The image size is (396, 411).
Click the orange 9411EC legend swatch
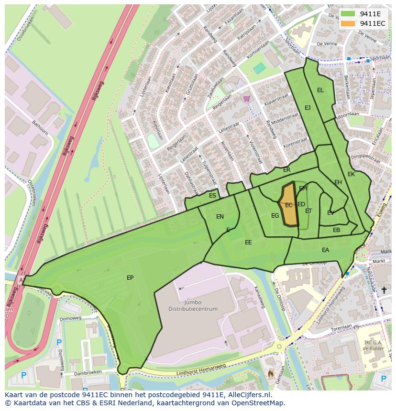click(x=349, y=23)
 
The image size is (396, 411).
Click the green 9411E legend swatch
click(x=349, y=14)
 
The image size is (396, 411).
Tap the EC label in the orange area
click(x=288, y=205)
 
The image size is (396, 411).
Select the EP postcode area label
click(x=130, y=277)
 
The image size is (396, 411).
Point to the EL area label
click(x=320, y=90)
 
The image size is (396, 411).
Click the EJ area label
click(x=308, y=108)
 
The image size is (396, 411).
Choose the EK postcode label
click(x=351, y=174)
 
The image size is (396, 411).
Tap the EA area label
click(x=325, y=250)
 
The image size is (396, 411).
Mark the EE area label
click(x=248, y=242)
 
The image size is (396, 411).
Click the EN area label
click(x=220, y=217)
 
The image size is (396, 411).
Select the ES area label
click(x=212, y=196)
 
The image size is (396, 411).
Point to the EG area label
click(x=275, y=216)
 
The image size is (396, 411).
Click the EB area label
click(x=336, y=230)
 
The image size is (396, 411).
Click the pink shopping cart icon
click(x=246, y=99)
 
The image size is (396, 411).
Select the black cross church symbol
click(x=384, y=290)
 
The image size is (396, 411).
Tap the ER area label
click(x=286, y=170)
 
